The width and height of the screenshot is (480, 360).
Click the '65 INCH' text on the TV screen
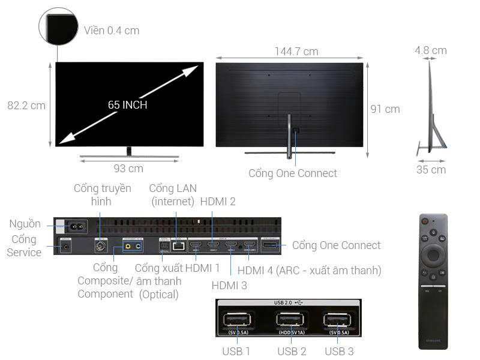(128, 105)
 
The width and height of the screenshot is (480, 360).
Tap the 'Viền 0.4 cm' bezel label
(112, 30)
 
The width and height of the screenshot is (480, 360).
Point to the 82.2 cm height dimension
(26, 106)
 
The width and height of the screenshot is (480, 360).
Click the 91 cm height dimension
(385, 109)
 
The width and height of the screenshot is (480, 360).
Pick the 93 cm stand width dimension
(128, 169)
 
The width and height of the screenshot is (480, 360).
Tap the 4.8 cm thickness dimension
(430, 50)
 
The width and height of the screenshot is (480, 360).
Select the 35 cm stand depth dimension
(431, 170)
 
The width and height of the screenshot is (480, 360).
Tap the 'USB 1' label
(236, 351)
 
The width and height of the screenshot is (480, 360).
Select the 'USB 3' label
(339, 351)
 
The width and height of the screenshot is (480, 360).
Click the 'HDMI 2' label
(217, 202)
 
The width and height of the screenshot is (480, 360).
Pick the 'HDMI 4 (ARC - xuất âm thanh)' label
(309, 271)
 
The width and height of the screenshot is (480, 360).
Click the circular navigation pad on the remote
(433, 254)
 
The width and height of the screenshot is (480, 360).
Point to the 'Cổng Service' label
(24, 246)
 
